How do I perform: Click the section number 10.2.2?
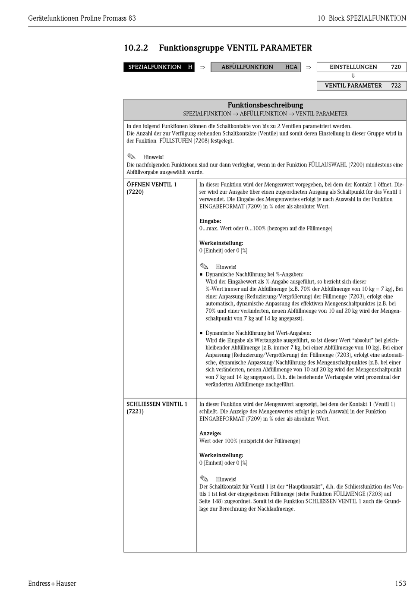pos(136,48)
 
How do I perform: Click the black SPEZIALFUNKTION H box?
pos(159,67)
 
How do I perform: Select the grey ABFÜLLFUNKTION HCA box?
pos(255,67)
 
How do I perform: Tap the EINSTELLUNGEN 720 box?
pos(361,67)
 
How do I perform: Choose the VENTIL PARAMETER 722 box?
pos(361,85)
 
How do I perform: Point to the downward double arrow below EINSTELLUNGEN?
pos(353,76)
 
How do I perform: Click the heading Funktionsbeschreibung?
pos(265,105)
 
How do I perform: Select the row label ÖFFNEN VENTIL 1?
pos(151,185)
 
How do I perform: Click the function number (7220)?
pos(135,192)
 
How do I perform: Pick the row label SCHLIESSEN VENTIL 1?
pos(157,404)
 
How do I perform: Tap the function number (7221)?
pos(135,412)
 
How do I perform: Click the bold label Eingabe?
pos(210,221)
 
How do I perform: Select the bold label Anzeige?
pos(210,434)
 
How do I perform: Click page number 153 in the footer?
pos(400,584)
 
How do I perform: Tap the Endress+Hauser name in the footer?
pos(52,584)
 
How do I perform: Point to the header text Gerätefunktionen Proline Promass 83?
pos(82,18)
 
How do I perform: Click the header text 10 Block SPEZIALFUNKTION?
pos(362,18)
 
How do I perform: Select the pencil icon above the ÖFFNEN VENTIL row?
pos(131,157)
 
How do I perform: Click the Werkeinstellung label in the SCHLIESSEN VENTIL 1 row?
pos(221,456)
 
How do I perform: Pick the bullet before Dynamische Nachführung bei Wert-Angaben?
pos(201,333)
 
